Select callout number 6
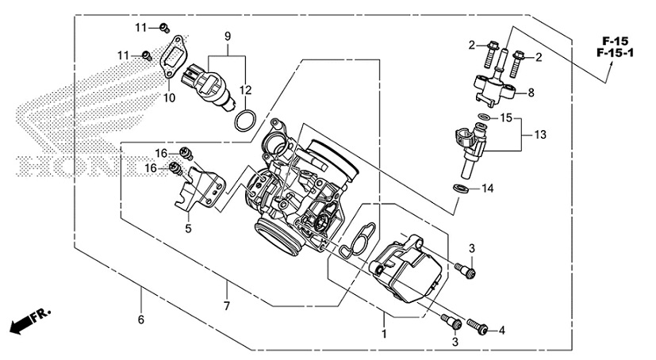click(x=141, y=320)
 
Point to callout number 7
click(x=227, y=306)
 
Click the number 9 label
click(x=227, y=37)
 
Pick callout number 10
click(x=168, y=98)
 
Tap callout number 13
click(x=540, y=136)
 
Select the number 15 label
click(x=505, y=118)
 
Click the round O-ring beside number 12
click(x=246, y=121)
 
